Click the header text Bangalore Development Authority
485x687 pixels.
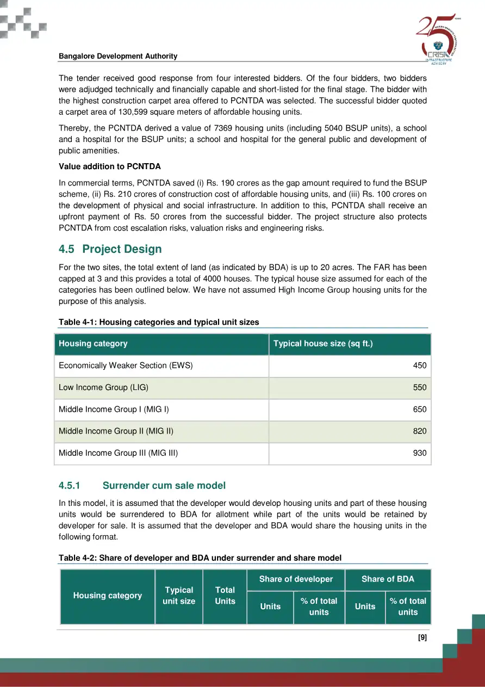tap(118, 57)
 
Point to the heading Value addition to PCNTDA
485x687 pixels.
tap(110, 166)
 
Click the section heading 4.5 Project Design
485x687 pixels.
tap(110, 249)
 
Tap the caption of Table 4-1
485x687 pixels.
tap(159, 322)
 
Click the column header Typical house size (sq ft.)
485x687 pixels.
tap(323, 344)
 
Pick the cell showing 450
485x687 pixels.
tap(420, 366)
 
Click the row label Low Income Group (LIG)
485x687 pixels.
tap(103, 387)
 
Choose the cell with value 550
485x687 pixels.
tap(420, 388)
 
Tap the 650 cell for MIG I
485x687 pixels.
tap(420, 410)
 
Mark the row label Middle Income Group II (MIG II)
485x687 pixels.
tap(116, 431)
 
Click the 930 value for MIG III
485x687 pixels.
tap(420, 453)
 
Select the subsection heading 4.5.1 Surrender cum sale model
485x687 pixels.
tap(142, 485)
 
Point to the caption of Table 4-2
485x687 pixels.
tap(200, 558)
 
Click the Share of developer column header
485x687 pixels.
tap(296, 579)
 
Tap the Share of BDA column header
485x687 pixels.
tap(388, 579)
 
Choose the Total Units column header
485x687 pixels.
tap(225, 596)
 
